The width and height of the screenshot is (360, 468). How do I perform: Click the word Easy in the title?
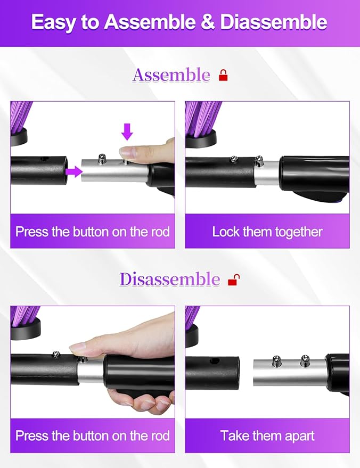coord(53,22)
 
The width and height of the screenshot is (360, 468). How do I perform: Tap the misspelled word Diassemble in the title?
coord(273,22)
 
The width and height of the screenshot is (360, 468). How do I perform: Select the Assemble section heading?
coord(171,75)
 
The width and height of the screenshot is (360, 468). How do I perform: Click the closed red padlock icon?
coord(223,76)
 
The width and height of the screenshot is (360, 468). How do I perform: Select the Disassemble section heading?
coord(169,279)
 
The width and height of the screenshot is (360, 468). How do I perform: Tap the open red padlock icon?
coord(233,280)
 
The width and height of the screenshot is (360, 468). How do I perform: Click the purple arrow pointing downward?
coord(126,132)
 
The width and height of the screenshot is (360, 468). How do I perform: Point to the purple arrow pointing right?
coord(75,171)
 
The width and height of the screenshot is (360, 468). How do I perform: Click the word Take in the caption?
coord(235,436)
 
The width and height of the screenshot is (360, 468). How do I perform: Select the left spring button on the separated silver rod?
coord(277,360)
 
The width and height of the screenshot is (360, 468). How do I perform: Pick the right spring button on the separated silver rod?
coord(305,360)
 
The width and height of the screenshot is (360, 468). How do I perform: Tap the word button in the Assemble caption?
coord(92,232)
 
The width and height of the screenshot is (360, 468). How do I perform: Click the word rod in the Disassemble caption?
coord(160,436)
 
